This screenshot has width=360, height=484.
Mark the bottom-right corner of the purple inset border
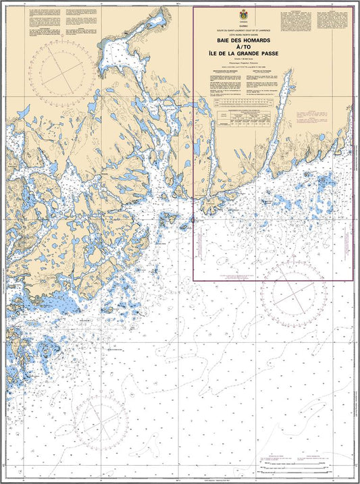pyautogui.click(x=353, y=280)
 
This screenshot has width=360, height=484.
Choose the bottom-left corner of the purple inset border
pyautogui.click(x=194, y=280)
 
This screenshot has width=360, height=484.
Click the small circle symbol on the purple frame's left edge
pyautogui.click(x=194, y=220)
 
